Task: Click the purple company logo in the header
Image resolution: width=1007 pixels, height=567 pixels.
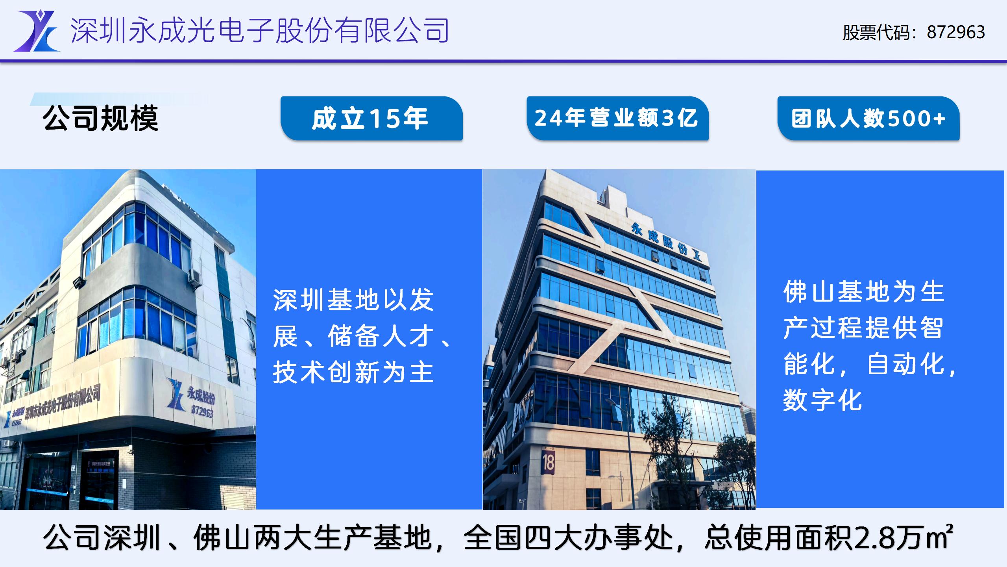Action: pyautogui.click(x=37, y=31)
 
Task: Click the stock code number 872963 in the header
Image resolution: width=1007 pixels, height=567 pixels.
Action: pyautogui.click(x=956, y=32)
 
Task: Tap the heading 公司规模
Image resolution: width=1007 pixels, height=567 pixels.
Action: pyautogui.click(x=101, y=118)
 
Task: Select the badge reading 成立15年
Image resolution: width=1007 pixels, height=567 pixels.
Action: pyautogui.click(x=371, y=118)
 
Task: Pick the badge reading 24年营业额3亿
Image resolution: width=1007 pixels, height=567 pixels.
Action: pyautogui.click(x=617, y=118)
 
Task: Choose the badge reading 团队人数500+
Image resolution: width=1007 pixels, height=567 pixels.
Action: pyautogui.click(x=868, y=118)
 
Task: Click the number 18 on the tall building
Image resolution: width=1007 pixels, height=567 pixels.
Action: pyautogui.click(x=548, y=463)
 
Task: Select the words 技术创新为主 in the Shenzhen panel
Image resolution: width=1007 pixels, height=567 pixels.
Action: pyautogui.click(x=353, y=372)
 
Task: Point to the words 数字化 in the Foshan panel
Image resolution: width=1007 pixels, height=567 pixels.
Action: pyautogui.click(x=822, y=400)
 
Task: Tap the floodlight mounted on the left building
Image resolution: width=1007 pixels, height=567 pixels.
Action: pyautogui.click(x=79, y=282)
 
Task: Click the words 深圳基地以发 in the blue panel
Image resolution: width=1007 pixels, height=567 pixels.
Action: pyautogui.click(x=353, y=300)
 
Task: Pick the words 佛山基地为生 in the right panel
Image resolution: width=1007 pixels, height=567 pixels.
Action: pyautogui.click(x=864, y=292)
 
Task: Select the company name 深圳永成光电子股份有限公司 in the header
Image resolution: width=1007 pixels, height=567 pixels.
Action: pyautogui.click(x=260, y=30)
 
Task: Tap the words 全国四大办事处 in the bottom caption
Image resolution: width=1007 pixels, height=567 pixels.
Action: pyautogui.click(x=567, y=538)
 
